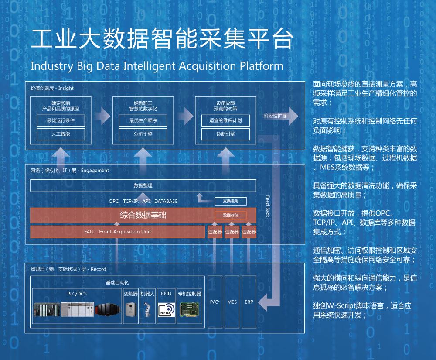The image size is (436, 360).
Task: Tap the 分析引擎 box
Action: click(x=143, y=134)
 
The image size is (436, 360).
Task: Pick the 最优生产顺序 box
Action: click(x=143, y=120)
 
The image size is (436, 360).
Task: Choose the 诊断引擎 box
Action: click(x=225, y=134)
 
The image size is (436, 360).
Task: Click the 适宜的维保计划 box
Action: click(x=225, y=120)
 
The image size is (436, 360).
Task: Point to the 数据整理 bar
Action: click(x=143, y=185)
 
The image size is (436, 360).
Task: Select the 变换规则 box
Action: click(x=230, y=201)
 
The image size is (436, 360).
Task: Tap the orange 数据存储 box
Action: click(x=230, y=215)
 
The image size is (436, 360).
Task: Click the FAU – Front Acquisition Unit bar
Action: click(x=118, y=232)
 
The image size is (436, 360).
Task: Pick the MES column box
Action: click(x=232, y=302)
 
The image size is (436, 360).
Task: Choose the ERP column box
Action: click(x=249, y=302)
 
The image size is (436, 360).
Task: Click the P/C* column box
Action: click(x=215, y=302)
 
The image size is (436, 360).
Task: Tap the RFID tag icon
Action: click(x=166, y=311)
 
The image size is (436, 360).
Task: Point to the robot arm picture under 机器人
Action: click(x=148, y=311)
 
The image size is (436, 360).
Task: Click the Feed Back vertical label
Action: click(x=268, y=206)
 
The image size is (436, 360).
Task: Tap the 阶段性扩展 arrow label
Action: click(x=276, y=117)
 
